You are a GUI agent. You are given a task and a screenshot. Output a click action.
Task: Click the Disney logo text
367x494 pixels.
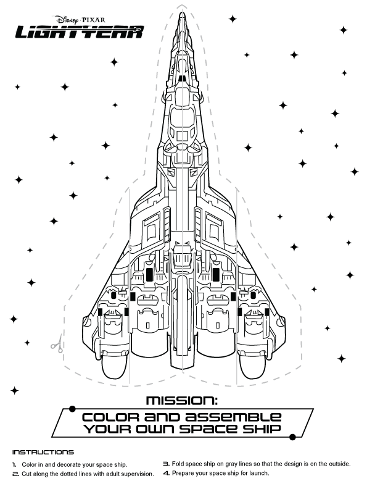pyautogui.click(x=67, y=20)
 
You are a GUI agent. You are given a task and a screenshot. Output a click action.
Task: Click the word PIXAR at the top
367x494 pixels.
pyautogui.click(x=94, y=20)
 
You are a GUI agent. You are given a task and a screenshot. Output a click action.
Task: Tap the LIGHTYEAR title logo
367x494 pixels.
pyautogui.click(x=80, y=32)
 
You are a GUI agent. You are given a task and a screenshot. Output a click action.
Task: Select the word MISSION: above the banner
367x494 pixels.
pyautogui.click(x=182, y=400)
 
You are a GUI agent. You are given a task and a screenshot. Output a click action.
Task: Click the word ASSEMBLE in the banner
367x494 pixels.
pyautogui.click(x=233, y=417)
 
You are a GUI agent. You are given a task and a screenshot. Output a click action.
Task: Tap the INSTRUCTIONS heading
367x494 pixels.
pyautogui.click(x=43, y=452)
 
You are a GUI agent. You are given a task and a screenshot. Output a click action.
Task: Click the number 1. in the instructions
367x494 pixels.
pyautogui.click(x=14, y=464)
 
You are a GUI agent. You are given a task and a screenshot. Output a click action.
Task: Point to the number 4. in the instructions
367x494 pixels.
pyautogui.click(x=167, y=473)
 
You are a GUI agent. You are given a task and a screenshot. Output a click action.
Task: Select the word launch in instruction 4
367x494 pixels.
pyautogui.click(x=260, y=473)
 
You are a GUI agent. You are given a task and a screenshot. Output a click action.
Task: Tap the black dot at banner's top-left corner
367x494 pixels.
pyautogui.click(x=72, y=409)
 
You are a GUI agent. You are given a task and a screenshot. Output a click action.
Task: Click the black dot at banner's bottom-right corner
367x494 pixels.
pyautogui.click(x=292, y=437)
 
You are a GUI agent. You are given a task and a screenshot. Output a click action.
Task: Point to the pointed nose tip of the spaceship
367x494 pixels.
pyautogui.click(x=181, y=13)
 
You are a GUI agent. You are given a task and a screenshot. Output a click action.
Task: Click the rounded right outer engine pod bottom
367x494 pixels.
pyautogui.click(x=252, y=368)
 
